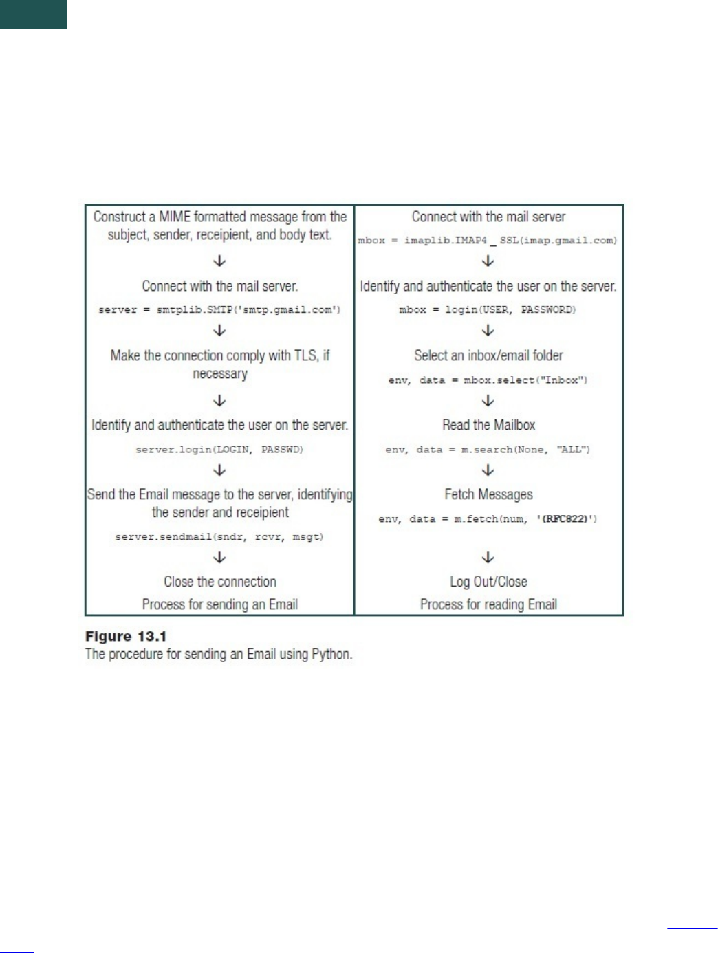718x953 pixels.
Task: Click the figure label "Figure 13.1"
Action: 126,637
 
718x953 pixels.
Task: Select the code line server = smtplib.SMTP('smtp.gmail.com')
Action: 219,310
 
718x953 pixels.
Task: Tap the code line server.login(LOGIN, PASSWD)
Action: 219,450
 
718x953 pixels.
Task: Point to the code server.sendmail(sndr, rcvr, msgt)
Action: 219,537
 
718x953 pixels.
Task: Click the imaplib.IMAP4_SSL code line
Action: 488,241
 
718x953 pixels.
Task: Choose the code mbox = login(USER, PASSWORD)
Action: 488,310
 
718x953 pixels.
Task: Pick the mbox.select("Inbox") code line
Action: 488,380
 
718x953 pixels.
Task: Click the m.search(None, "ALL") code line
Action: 488,450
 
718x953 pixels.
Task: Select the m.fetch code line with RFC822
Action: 488,519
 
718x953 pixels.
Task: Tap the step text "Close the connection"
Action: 220,582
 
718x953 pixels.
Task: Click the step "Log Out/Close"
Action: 488,582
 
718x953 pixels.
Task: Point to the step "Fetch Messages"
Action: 488,494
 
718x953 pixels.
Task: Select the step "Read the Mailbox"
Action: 488,425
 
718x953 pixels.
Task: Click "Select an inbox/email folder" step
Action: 488,355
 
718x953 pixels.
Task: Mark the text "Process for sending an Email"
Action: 220,604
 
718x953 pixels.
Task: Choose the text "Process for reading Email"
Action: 488,604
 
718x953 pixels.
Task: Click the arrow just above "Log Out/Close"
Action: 488,557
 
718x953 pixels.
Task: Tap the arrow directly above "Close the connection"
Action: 220,557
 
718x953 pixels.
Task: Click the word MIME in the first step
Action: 175,217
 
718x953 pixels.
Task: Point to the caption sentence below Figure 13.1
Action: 219,654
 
